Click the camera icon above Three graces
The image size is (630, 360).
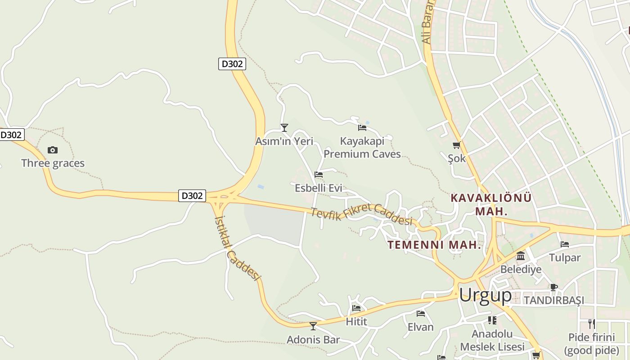coord(53,150)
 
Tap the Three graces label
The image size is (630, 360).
coord(53,163)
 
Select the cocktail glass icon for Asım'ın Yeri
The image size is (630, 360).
coord(284,128)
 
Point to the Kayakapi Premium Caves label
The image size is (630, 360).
coord(362,148)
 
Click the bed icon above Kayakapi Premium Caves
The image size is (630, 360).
coord(362,128)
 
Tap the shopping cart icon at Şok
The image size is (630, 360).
coord(456,145)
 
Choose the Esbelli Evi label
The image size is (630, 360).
coord(319,188)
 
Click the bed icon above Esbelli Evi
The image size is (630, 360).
coord(319,175)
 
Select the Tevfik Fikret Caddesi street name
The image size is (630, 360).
coord(362,214)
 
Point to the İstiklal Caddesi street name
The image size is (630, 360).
coord(238,248)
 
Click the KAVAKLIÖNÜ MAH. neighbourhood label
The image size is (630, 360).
coord(491,204)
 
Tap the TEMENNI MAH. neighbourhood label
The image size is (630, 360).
coord(434,245)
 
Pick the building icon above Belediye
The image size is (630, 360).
coord(521,256)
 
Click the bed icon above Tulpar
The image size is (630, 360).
coord(565,244)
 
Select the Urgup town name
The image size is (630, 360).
coord(485,296)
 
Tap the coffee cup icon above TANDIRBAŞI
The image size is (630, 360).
coord(554,287)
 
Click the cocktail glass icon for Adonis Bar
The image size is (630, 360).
coord(313,326)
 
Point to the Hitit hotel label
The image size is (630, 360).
coord(356,322)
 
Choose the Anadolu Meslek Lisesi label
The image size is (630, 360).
coord(492,340)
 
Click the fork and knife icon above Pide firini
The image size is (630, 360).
coord(591,324)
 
